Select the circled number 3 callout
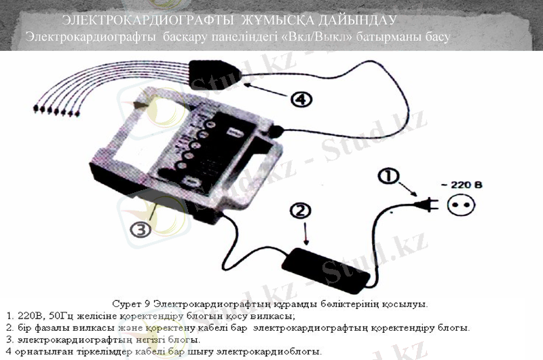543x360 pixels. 141,229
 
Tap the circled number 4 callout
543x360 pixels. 301,100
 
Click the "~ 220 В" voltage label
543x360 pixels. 472,183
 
